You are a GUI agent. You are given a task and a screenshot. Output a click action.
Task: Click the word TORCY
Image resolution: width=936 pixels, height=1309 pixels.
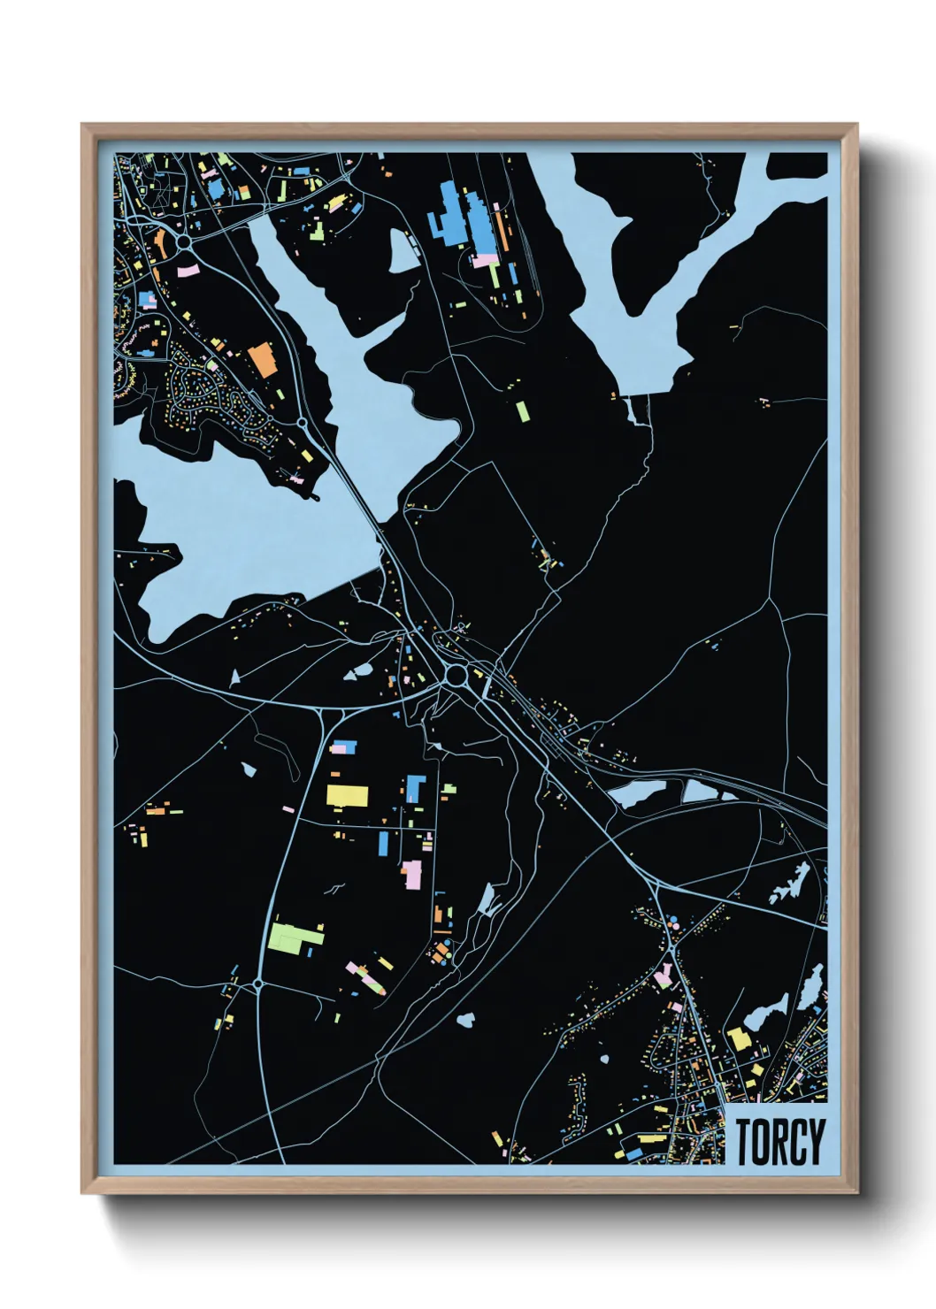tap(779, 1141)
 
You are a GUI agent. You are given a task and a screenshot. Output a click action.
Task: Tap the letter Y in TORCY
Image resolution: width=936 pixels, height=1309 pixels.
tap(816, 1141)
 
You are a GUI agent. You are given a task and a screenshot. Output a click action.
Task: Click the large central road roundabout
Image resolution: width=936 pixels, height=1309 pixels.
tap(456, 677)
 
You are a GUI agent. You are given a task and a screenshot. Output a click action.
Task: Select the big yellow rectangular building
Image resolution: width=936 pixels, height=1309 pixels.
tap(346, 793)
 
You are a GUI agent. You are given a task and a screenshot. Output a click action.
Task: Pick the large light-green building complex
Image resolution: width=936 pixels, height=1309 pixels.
tap(295, 937)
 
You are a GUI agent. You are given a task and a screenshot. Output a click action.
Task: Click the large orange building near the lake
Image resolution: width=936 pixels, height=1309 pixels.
tap(263, 359)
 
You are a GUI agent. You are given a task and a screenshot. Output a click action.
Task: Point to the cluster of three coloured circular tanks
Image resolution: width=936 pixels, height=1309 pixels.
tap(674, 922)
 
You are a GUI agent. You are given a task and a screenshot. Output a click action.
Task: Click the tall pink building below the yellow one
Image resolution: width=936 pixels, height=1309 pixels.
tap(412, 874)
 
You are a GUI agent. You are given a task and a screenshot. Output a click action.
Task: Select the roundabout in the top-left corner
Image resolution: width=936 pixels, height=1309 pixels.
tap(183, 240)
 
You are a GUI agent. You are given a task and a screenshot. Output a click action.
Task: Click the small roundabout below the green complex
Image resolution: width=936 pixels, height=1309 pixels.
tap(257, 983)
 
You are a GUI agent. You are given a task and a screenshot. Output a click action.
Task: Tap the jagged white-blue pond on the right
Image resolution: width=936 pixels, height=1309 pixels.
tap(790, 884)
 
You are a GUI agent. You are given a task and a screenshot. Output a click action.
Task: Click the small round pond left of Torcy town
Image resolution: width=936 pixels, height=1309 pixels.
tap(465, 1021)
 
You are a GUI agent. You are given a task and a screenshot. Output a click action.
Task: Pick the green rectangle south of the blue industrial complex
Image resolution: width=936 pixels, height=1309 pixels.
tap(523, 410)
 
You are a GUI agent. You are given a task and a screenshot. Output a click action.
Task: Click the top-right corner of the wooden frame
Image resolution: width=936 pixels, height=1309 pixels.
tap(855, 126)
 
